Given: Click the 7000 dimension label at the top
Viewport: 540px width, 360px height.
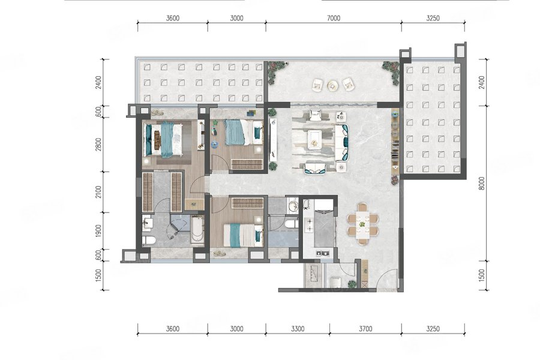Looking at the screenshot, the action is tap(333, 18).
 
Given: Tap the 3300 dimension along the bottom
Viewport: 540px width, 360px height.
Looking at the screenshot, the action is tap(297, 329).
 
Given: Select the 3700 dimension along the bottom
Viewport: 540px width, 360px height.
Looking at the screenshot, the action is tap(365, 329).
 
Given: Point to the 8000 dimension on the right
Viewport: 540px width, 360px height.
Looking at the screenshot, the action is tap(482, 183).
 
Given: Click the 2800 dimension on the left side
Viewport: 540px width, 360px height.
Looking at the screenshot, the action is tap(99, 145).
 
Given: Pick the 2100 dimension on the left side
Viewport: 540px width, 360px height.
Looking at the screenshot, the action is tap(99, 192).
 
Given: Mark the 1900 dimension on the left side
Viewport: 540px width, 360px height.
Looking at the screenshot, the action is tap(99, 231).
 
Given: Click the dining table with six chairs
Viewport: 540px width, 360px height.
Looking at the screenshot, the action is tap(362, 224).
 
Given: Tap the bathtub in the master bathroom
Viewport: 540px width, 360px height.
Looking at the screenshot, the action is tap(197, 230).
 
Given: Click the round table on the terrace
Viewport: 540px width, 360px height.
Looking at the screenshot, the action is tap(332, 85).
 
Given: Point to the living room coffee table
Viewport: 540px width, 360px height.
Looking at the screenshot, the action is tap(314, 138).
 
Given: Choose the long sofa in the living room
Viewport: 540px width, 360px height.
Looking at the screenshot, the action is tap(342, 143).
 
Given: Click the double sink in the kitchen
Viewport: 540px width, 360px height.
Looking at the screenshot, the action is tap(323, 254).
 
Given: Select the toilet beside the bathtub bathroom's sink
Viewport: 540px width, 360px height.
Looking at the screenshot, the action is tap(149, 240).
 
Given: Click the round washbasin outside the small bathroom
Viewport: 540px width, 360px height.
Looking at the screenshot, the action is tap(293, 206).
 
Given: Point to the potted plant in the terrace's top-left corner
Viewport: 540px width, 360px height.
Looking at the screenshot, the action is tap(276, 71).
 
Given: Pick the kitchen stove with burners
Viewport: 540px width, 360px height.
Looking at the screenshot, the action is tap(309, 224).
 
